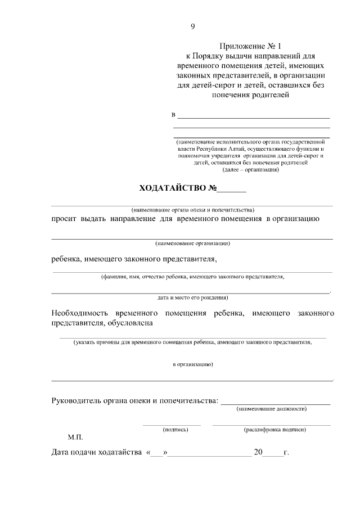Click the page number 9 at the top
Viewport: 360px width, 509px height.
point(193,26)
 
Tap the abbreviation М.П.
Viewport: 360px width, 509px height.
point(75,436)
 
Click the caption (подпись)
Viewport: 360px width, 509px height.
point(175,429)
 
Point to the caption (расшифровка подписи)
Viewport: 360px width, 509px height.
point(274,429)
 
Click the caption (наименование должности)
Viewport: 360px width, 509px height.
point(272,409)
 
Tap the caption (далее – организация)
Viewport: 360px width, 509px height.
point(251,169)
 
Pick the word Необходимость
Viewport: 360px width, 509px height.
point(80,312)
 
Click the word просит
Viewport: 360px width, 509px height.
point(63,218)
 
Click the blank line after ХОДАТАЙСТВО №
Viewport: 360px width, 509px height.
point(232,189)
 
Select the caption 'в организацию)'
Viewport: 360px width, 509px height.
point(192,364)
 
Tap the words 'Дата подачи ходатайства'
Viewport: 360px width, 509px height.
point(96,452)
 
